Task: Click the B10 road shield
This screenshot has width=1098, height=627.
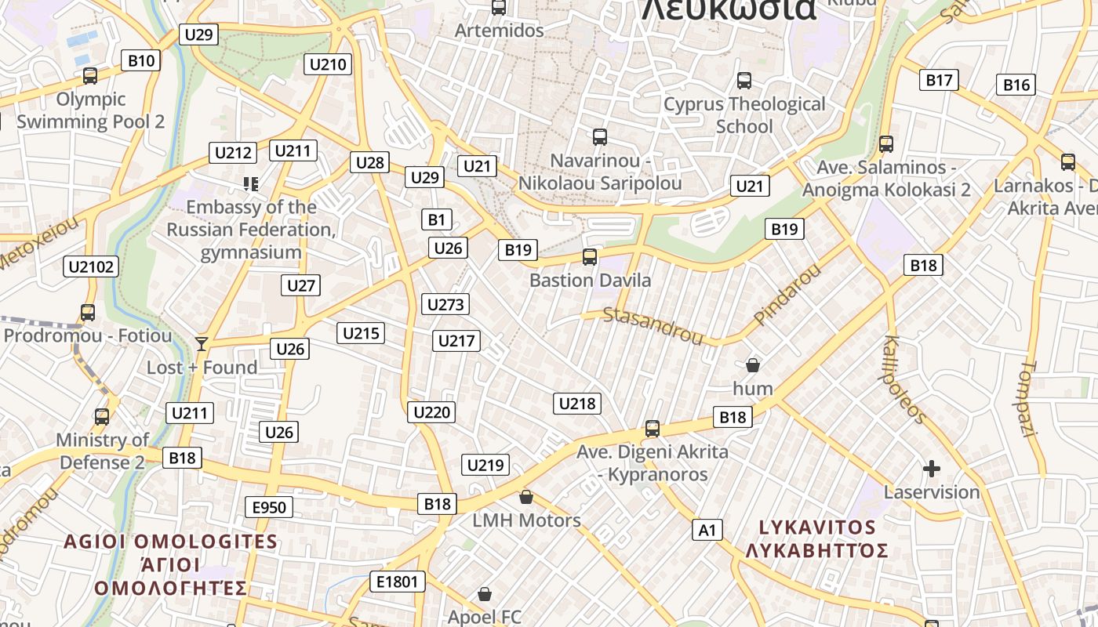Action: tap(141, 60)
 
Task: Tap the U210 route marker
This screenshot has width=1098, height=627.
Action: tap(328, 64)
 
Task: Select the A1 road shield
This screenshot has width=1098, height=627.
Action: tap(707, 530)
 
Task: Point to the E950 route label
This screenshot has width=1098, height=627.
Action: tap(269, 507)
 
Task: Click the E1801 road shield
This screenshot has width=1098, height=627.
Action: tap(398, 582)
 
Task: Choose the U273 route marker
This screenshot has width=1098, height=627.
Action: tap(445, 304)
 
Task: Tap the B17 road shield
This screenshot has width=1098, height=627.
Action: tap(939, 79)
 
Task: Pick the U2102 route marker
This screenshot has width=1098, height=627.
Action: tap(91, 266)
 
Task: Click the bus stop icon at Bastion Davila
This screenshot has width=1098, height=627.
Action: tap(590, 256)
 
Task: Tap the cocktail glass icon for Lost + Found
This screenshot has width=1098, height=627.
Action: tap(202, 343)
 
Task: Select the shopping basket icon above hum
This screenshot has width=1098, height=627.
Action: tap(753, 364)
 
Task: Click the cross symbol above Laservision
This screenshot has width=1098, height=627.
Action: tap(932, 469)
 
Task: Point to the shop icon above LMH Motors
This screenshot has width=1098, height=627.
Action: tap(526, 497)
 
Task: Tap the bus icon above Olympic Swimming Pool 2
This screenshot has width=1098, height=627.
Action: tap(90, 76)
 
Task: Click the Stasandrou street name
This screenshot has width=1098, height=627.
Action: tap(653, 326)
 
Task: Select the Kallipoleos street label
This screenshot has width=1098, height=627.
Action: tap(905, 380)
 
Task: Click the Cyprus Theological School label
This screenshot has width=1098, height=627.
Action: tap(744, 115)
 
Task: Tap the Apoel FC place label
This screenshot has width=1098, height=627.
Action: tap(484, 617)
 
